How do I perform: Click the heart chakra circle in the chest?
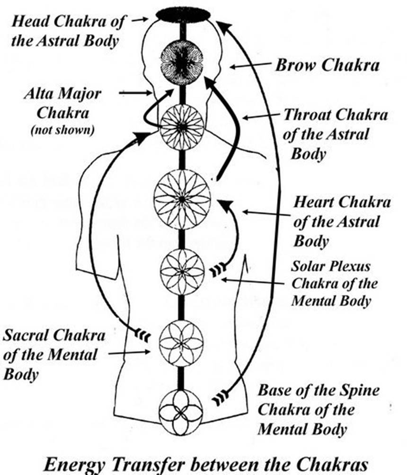pyautogui.click(x=182, y=198)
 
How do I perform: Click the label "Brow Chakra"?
pyautogui.click(x=327, y=65)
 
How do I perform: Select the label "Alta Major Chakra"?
pyautogui.click(x=62, y=103)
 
